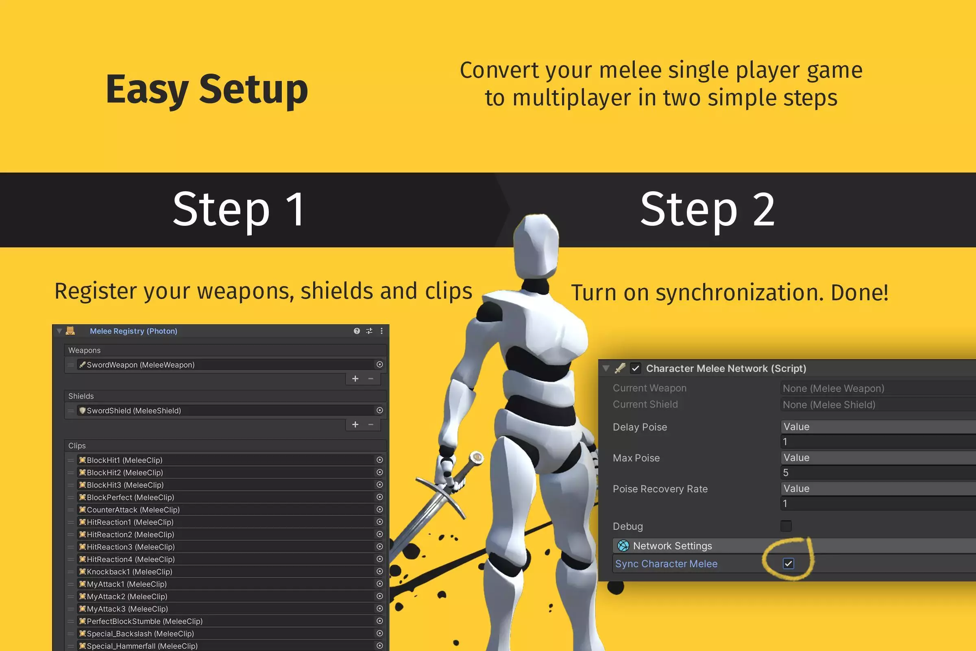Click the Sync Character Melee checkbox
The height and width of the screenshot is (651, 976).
[x=788, y=564]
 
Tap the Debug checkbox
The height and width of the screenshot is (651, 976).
[x=786, y=526]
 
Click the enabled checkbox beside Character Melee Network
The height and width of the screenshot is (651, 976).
[x=635, y=368]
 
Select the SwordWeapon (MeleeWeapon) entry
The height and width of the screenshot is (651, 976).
[x=140, y=365]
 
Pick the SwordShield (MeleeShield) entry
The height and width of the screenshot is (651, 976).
[x=134, y=410]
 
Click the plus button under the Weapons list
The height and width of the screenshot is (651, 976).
[x=355, y=379]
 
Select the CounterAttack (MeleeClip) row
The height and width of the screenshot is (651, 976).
[x=133, y=509]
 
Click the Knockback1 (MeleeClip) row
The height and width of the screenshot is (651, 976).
[x=129, y=571]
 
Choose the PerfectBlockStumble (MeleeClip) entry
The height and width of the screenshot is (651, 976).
[x=144, y=621]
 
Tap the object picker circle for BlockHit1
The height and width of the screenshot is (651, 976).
[x=379, y=460]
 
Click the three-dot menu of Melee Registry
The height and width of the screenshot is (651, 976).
[x=381, y=331]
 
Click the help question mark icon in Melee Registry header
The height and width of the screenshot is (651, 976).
[x=357, y=331]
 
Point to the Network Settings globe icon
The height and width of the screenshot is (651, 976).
[x=623, y=546]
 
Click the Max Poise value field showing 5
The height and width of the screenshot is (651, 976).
[x=871, y=472]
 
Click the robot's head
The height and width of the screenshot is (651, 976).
[x=536, y=247]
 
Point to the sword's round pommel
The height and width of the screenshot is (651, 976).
[x=477, y=457]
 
